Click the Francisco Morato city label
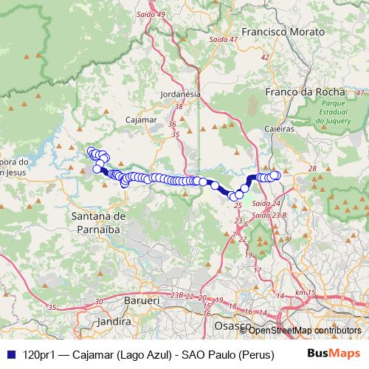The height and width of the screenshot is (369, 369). (x=283, y=32)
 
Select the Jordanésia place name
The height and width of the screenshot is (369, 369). (x=180, y=94)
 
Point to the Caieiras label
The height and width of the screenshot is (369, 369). (x=279, y=128)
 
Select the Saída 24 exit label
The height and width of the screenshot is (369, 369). (x=265, y=203)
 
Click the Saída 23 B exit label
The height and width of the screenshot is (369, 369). (x=268, y=215)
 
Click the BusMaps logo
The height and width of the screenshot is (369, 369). (x=334, y=354)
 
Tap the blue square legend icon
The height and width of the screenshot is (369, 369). (x=9, y=354)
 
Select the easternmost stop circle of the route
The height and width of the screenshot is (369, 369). (x=275, y=175)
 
